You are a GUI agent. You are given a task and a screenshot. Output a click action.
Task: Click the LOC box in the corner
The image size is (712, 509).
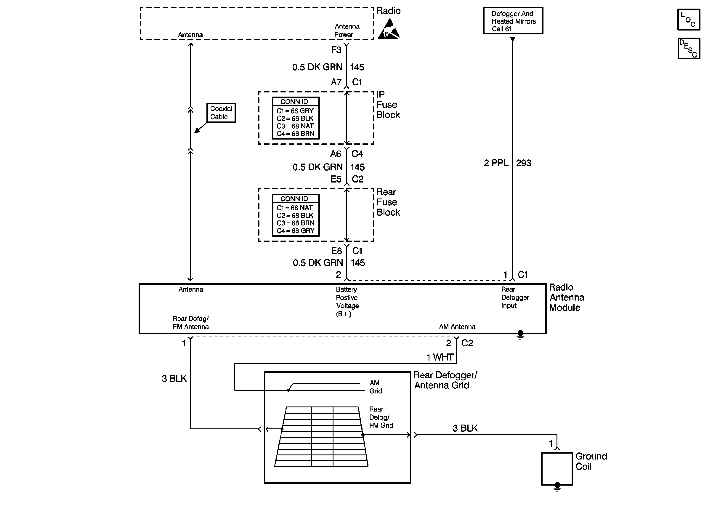click(x=688, y=20)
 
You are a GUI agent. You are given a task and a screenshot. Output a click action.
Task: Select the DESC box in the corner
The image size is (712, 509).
click(x=688, y=48)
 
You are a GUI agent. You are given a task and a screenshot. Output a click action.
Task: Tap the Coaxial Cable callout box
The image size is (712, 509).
click(x=221, y=113)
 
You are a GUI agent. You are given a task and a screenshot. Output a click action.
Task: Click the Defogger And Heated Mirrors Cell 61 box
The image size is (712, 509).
click(x=513, y=21)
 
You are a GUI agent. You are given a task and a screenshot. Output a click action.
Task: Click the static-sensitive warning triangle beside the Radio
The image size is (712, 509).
click(x=389, y=29)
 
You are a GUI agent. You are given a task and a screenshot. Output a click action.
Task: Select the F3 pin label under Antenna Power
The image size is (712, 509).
click(x=336, y=50)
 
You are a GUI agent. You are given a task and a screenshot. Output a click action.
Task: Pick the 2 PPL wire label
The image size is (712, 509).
click(x=496, y=163)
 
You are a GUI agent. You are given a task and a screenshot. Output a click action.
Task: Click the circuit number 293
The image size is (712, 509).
click(x=523, y=163)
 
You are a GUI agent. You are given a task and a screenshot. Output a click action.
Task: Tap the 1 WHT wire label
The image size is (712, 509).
click(x=440, y=357)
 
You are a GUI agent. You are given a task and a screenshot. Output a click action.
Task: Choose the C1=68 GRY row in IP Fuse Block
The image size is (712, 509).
click(x=295, y=111)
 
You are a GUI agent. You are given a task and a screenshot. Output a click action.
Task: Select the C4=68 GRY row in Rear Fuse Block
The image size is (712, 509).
click(x=295, y=231)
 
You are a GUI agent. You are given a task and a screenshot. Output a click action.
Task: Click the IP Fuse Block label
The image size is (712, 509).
click(x=388, y=105)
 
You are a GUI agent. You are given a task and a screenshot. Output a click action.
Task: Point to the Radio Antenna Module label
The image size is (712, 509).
click(x=566, y=297)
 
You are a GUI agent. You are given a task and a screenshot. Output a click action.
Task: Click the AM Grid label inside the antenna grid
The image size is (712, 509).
click(x=375, y=387)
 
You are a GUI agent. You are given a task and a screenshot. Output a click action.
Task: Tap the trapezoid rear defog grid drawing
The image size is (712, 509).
click(x=321, y=437)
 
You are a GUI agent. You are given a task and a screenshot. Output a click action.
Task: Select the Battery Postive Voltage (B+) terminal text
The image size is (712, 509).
click(x=347, y=302)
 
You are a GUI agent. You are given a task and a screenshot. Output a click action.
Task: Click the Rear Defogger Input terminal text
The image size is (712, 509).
click(x=515, y=297)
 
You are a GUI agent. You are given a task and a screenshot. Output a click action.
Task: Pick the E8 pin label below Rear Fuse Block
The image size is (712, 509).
click(x=336, y=251)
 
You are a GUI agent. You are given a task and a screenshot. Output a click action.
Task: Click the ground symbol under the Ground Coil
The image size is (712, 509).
click(x=557, y=487)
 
